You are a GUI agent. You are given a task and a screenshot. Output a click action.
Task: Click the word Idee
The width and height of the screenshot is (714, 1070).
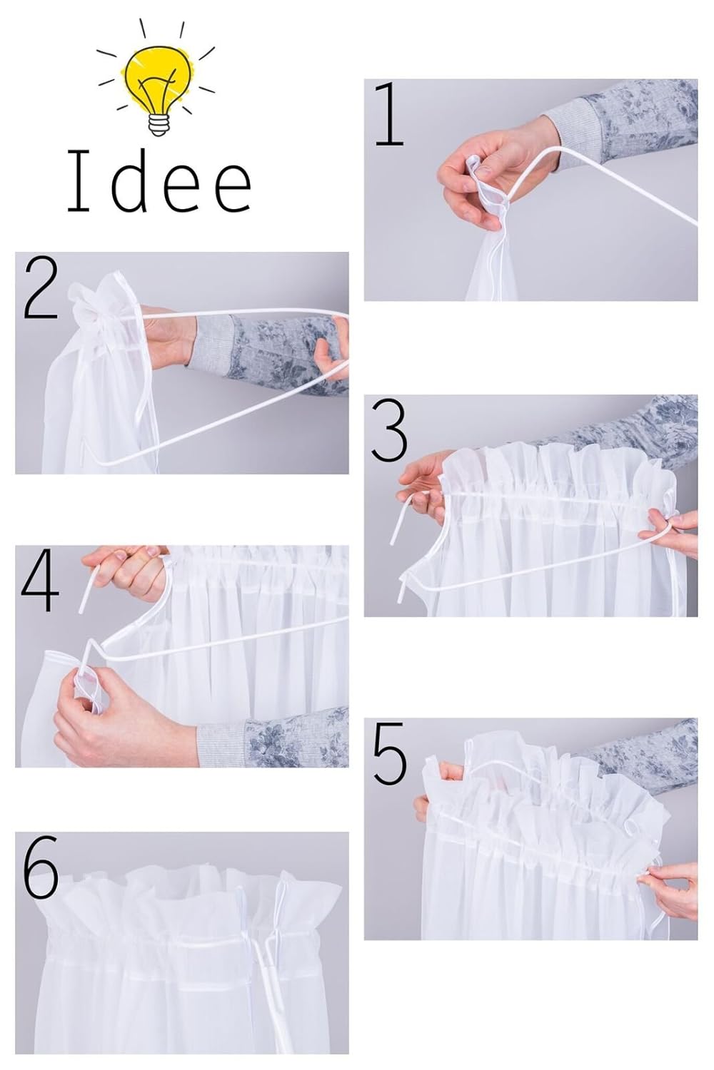(159, 181)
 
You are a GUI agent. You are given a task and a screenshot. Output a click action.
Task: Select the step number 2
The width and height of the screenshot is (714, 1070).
(41, 288)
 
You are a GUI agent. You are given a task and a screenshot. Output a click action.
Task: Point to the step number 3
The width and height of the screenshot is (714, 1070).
(389, 432)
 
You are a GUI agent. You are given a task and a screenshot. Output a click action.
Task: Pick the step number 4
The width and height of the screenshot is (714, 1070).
(40, 579)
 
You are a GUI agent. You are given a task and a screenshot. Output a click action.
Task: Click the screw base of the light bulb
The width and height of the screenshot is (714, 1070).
(159, 125)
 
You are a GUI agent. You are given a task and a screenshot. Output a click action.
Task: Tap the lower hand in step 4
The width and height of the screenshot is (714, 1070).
(124, 716)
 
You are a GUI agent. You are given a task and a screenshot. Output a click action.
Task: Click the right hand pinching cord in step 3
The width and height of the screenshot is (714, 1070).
(672, 533)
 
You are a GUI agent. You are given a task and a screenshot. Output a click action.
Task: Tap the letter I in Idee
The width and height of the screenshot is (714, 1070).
(79, 181)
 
